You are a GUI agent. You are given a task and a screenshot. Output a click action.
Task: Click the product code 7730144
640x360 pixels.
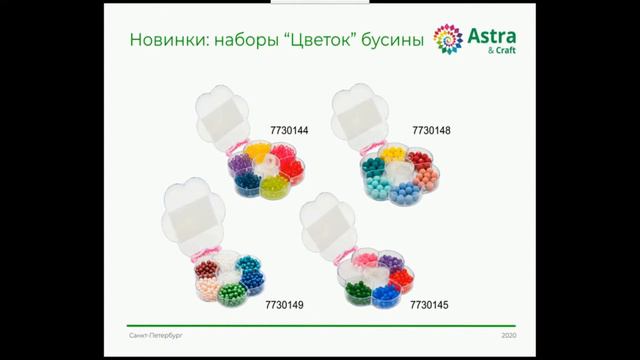click(290, 130)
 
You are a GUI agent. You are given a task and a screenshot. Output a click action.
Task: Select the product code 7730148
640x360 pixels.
click(432, 130)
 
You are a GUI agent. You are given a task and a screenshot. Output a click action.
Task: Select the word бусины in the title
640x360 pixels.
click(391, 41)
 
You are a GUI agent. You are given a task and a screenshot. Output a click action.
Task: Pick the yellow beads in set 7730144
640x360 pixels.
click(260, 152)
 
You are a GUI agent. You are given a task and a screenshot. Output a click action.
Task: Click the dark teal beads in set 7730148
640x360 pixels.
click(372, 164)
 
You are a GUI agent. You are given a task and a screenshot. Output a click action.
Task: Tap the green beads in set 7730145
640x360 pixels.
click(357, 293)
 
